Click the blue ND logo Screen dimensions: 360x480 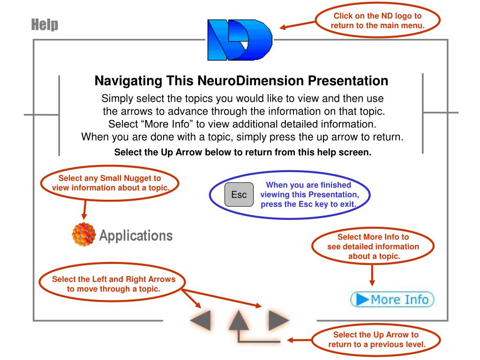(x=239, y=40)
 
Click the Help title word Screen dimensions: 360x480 (x=45, y=24)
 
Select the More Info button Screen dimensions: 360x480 (x=392, y=299)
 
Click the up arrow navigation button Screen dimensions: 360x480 (x=240, y=321)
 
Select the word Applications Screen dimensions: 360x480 (x=136, y=235)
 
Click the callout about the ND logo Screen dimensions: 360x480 (x=377, y=21)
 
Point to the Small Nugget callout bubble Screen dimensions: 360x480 (x=111, y=183)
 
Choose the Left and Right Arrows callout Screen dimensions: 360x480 (x=113, y=284)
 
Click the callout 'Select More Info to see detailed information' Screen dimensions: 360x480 (x=373, y=247)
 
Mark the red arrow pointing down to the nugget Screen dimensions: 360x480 (x=84, y=210)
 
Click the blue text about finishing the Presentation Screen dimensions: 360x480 (x=308, y=195)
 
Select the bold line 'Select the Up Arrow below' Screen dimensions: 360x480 (x=243, y=152)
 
